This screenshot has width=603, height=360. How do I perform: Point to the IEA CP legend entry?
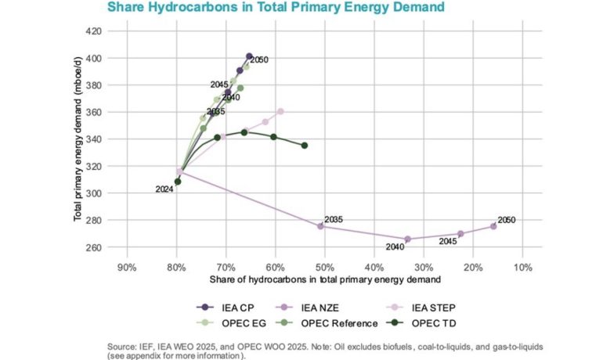click(x=218, y=307)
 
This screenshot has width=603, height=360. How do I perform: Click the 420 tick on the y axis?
click(x=92, y=31)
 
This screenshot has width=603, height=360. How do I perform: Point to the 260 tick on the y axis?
click(x=92, y=247)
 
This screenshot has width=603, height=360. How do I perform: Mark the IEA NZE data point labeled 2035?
click(x=320, y=226)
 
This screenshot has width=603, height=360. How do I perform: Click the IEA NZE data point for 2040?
click(x=407, y=239)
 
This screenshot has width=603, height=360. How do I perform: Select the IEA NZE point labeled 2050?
click(x=493, y=226)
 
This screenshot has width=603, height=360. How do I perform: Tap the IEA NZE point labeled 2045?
click(x=460, y=234)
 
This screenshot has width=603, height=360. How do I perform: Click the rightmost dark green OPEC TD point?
click(x=305, y=146)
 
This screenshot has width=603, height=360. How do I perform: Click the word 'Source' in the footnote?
click(x=121, y=345)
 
